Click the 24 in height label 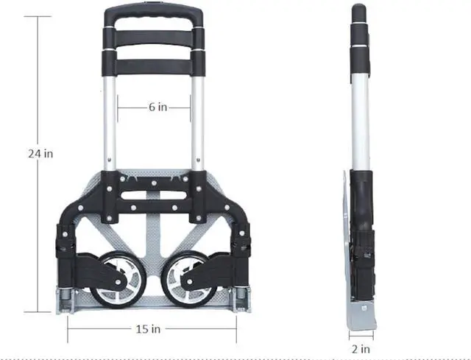click(40, 154)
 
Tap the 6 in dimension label click(158, 107)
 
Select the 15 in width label click(148, 329)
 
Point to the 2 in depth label click(361, 349)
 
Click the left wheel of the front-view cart click(118, 280)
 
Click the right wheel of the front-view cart click(190, 280)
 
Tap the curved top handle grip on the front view click(154, 12)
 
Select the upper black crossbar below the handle click(154, 39)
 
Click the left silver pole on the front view click(110, 123)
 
